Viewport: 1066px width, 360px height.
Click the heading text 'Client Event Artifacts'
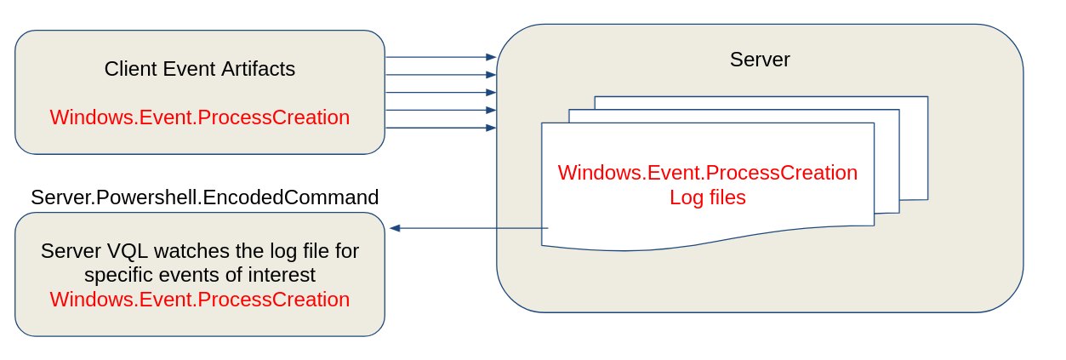point(199,69)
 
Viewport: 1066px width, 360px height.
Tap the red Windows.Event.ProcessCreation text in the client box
point(199,117)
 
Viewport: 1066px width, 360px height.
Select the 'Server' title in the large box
point(759,60)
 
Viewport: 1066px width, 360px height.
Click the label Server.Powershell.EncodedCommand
point(204,197)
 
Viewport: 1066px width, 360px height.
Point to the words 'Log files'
point(707,197)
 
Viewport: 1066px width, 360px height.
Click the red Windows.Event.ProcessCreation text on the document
point(707,173)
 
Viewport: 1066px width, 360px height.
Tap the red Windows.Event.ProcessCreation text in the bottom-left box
point(199,300)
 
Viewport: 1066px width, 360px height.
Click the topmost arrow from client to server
point(440,57)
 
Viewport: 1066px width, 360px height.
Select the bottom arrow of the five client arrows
point(440,128)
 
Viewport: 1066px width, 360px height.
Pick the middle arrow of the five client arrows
point(440,92)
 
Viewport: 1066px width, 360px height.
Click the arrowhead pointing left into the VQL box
point(396,228)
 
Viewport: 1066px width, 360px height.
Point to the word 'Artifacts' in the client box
point(258,69)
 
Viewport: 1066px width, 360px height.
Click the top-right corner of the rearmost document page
point(926,98)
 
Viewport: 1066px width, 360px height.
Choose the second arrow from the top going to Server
point(440,75)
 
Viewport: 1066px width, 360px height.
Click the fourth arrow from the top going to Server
point(440,110)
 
